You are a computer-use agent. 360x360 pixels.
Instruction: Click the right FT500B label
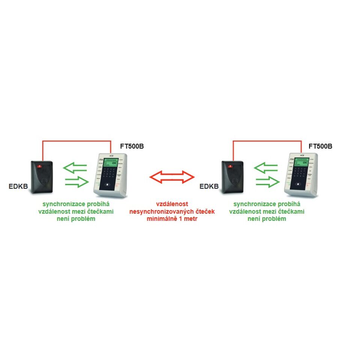point(320,146)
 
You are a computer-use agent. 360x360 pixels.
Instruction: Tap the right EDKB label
point(209,186)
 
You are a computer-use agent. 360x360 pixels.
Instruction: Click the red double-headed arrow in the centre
point(172,176)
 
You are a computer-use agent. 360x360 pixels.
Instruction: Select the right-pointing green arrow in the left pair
point(77,183)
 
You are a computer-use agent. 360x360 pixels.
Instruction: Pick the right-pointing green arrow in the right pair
point(267,183)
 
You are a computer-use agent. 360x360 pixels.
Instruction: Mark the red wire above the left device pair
point(77,141)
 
